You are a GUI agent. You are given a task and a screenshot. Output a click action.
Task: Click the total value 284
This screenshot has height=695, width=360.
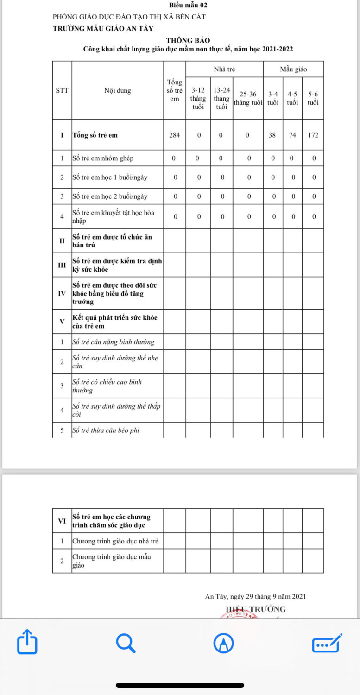(x=175, y=135)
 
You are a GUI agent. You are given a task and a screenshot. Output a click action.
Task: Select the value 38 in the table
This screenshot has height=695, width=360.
(x=273, y=135)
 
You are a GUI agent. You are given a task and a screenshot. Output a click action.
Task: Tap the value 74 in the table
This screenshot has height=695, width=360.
(x=292, y=135)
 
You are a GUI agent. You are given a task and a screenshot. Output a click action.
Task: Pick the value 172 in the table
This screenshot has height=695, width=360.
(x=313, y=135)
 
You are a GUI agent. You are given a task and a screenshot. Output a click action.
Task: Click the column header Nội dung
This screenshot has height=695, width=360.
(x=117, y=91)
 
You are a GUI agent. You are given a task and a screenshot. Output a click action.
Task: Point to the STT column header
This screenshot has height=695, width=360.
(x=62, y=91)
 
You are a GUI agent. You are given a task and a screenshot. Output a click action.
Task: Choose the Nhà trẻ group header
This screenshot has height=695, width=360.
(x=224, y=69)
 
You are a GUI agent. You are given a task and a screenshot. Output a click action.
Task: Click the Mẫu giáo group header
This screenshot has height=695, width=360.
(x=293, y=69)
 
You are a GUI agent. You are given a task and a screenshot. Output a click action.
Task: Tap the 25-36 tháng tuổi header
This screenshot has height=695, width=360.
(x=248, y=98)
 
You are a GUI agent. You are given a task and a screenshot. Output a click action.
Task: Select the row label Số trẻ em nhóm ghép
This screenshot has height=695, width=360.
(x=103, y=158)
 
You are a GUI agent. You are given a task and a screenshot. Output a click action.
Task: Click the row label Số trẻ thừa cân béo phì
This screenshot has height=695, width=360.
(x=106, y=430)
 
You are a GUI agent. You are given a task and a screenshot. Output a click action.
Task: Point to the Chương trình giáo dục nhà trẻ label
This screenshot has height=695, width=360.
(x=115, y=541)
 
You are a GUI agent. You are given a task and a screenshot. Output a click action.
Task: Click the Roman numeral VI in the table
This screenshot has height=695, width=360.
(x=62, y=520)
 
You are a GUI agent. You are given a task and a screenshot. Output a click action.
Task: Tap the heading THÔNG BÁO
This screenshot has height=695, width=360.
(x=188, y=41)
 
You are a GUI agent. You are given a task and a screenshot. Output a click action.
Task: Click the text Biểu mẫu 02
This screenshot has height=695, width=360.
(x=188, y=5)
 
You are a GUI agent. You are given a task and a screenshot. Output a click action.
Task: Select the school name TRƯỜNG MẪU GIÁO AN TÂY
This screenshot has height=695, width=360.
(x=102, y=28)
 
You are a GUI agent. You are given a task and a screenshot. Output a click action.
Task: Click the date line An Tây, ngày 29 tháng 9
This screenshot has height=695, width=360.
(x=255, y=597)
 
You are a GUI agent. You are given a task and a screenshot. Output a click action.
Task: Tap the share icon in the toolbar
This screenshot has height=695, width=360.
(x=27, y=642)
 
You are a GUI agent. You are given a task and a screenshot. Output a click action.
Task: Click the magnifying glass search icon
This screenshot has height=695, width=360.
(x=125, y=643)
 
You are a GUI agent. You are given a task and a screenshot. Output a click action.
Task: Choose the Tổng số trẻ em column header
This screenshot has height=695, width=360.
(x=175, y=91)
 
